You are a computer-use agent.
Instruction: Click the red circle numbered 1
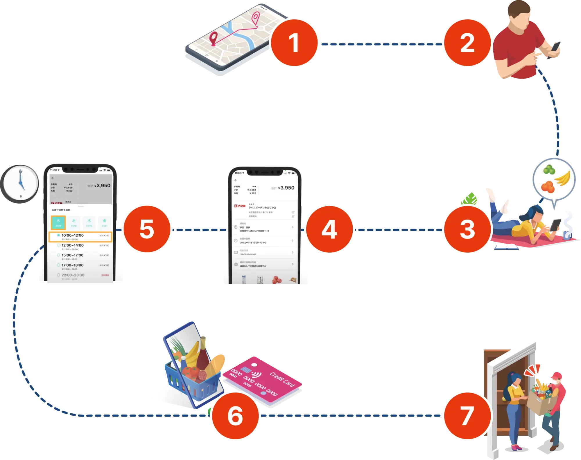point(294,43)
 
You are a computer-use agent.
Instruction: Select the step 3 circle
point(467,229)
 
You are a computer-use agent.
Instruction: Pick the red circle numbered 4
point(329,229)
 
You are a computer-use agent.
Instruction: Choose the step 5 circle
point(147,229)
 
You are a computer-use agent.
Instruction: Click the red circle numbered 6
point(235,416)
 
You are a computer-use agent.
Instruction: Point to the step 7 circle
point(467,416)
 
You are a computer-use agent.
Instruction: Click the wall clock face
point(20,184)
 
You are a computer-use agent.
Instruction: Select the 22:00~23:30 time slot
point(73,275)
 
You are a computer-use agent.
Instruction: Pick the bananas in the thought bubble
point(563,178)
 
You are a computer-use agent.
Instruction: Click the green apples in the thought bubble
point(549,170)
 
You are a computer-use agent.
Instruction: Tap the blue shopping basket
point(192,377)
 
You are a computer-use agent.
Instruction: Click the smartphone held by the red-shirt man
point(557,46)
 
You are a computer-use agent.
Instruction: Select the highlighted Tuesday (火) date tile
point(58,222)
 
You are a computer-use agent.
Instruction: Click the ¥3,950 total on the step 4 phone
point(286,188)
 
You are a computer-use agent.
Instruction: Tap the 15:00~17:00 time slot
point(73,256)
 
